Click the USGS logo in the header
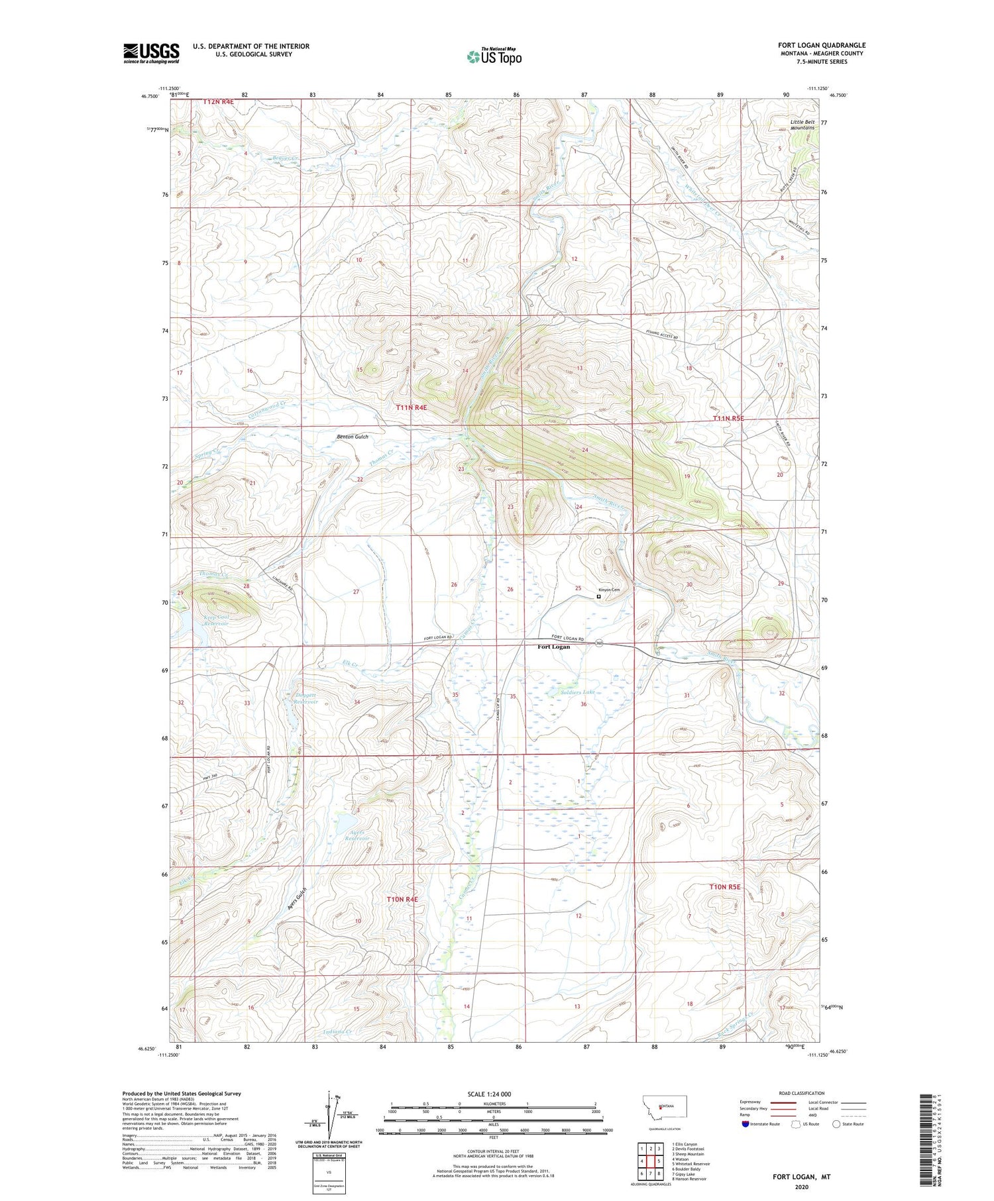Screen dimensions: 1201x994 pyautogui.click(x=151, y=53)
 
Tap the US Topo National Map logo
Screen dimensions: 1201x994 pyautogui.click(x=493, y=56)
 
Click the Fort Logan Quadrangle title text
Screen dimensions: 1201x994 pyautogui.click(x=821, y=45)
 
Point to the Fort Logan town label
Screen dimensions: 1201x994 pyautogui.click(x=553, y=647)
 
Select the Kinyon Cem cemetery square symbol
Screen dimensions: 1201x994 pyautogui.click(x=598, y=596)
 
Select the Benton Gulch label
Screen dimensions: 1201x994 pyautogui.click(x=352, y=437)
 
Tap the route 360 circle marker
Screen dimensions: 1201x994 pyautogui.click(x=598, y=643)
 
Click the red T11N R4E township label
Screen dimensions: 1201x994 pyautogui.click(x=412, y=408)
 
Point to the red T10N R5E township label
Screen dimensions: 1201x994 pyautogui.click(x=725, y=886)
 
